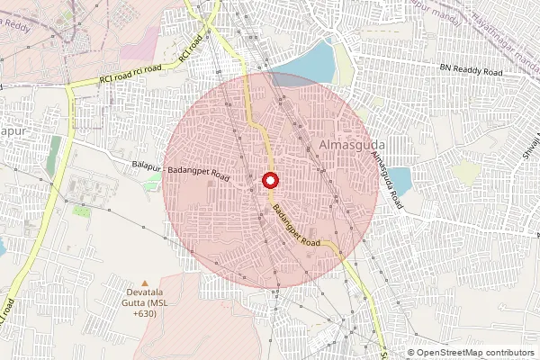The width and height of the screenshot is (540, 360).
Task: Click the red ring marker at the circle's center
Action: pyautogui.click(x=269, y=181)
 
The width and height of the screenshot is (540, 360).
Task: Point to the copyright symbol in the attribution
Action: pyautogui.click(x=411, y=353)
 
